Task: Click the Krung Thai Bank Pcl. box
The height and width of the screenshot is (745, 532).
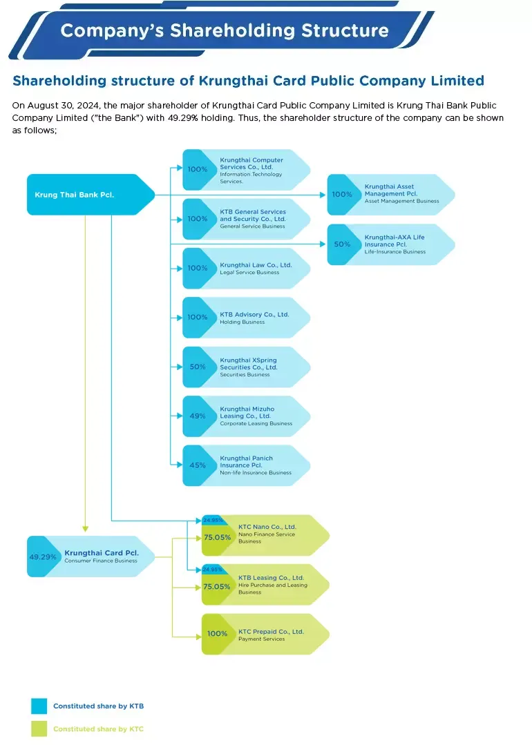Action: (83, 195)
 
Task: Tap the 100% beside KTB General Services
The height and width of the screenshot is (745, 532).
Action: (198, 219)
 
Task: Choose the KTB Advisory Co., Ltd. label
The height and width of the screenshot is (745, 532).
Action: (254, 315)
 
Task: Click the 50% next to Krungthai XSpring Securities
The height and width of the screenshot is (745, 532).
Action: (198, 367)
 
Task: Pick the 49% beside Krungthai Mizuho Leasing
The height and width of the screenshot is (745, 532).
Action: (198, 416)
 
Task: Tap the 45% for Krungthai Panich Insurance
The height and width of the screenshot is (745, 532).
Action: (198, 465)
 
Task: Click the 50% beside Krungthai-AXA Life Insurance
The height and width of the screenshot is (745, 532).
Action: (342, 244)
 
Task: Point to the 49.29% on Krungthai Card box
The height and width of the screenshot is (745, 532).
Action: (43, 557)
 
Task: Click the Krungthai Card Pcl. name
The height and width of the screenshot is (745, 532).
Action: (102, 553)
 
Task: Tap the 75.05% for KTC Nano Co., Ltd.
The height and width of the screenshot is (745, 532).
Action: (217, 537)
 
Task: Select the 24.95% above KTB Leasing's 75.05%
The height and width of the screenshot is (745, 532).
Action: (212, 570)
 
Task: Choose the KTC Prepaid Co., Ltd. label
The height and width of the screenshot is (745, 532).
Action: (271, 632)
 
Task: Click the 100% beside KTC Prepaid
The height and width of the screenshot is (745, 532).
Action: (217, 634)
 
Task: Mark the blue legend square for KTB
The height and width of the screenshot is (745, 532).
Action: (39, 706)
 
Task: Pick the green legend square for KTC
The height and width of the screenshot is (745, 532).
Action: (39, 728)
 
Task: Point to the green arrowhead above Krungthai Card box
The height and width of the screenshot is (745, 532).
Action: (85, 530)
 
